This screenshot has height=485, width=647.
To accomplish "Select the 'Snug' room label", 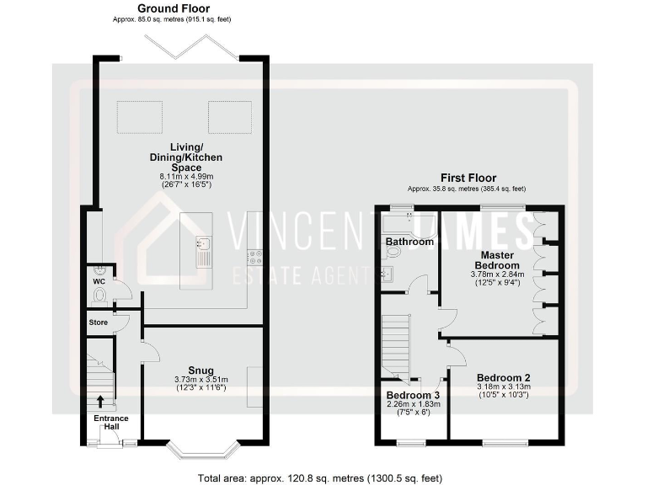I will click(201, 370).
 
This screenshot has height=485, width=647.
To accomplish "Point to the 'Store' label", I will click(99, 322).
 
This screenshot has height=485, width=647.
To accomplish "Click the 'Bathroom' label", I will click(409, 242).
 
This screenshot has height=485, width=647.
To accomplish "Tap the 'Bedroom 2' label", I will click(505, 378).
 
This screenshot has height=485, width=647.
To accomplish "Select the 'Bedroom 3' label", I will click(413, 394).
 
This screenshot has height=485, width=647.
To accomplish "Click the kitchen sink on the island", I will click(203, 246).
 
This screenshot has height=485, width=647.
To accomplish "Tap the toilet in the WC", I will click(100, 296).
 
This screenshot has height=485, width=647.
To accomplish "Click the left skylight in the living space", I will click(136, 115).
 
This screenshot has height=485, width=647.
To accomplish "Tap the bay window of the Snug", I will click(201, 450).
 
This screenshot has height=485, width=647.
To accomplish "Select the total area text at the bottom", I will click(319, 477).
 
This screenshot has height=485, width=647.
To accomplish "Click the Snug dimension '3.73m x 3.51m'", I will click(201, 379).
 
